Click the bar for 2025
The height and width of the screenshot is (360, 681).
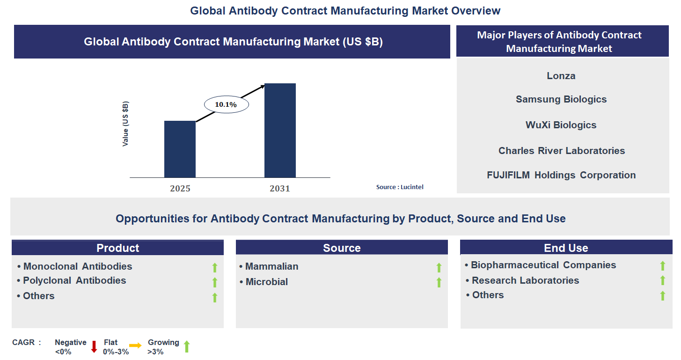click(180, 149)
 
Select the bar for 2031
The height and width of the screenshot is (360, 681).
click(280, 131)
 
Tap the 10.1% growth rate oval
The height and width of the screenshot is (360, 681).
click(226, 105)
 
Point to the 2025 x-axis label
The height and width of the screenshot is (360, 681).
click(180, 189)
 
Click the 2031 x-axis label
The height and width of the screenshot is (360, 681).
click(280, 189)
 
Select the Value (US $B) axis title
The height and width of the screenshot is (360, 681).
click(125, 124)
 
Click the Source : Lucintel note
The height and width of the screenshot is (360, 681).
click(400, 187)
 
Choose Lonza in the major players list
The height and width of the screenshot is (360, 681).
click(561, 76)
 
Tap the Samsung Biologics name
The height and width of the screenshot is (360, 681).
click(561, 99)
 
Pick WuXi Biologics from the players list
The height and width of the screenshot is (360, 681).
click(561, 125)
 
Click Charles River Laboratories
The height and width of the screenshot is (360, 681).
click(561, 151)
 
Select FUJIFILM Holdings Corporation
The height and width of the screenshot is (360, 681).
click(561, 175)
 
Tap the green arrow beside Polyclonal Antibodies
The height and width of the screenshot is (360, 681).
click(215, 282)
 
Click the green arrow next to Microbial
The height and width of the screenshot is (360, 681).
click(439, 282)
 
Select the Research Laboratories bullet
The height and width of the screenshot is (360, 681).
click(525, 280)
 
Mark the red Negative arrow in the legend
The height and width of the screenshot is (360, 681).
click(94, 346)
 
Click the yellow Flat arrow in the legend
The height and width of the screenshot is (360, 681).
click(135, 346)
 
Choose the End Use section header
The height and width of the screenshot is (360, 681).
click(566, 248)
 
